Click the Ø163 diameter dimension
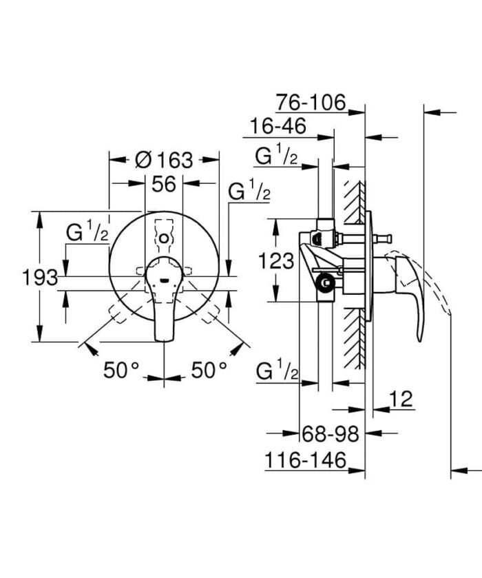pyautogui.click(x=164, y=160)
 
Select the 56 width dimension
pyautogui.click(x=164, y=184)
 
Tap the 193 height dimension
pyautogui.click(x=39, y=278)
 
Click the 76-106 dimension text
pyautogui.click(x=311, y=103)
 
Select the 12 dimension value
pyautogui.click(x=401, y=398)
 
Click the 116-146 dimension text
pyautogui.click(x=305, y=461)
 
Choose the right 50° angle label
pyautogui.click(x=209, y=371)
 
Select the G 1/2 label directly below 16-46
pyautogui.click(x=276, y=157)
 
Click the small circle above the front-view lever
pyautogui.click(x=163, y=238)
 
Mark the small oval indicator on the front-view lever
pyautogui.click(x=163, y=280)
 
